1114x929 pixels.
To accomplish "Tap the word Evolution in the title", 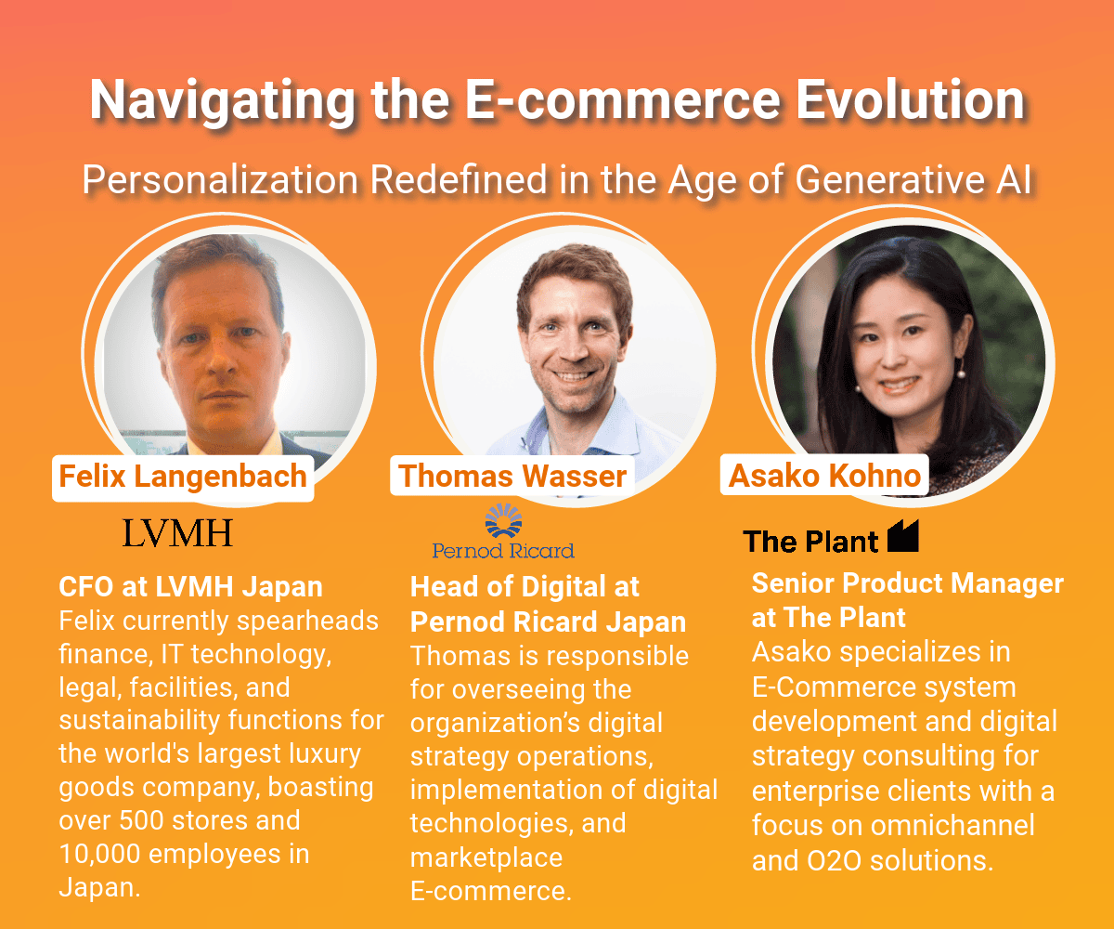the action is click(910, 99).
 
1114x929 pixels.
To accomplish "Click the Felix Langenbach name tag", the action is click(183, 478).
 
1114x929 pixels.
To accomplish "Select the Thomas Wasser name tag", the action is click(512, 476).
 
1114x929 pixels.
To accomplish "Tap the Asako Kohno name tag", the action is click(824, 475).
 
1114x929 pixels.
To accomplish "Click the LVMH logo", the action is click(177, 533).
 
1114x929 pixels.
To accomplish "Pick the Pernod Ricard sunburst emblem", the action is click(503, 520).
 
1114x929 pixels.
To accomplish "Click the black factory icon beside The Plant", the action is click(903, 535).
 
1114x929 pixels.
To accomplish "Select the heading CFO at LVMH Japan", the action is click(190, 587).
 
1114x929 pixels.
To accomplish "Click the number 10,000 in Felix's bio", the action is click(99, 854).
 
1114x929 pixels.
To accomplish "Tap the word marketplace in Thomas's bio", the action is click(486, 858).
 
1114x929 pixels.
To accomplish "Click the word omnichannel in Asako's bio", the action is click(952, 826).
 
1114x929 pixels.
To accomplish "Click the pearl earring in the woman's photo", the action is click(961, 373).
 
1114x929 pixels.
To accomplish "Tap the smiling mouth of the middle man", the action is click(573, 374).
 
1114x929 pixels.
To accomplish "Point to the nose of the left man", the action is click(222, 360).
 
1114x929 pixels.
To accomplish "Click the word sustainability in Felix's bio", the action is click(139, 721).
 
